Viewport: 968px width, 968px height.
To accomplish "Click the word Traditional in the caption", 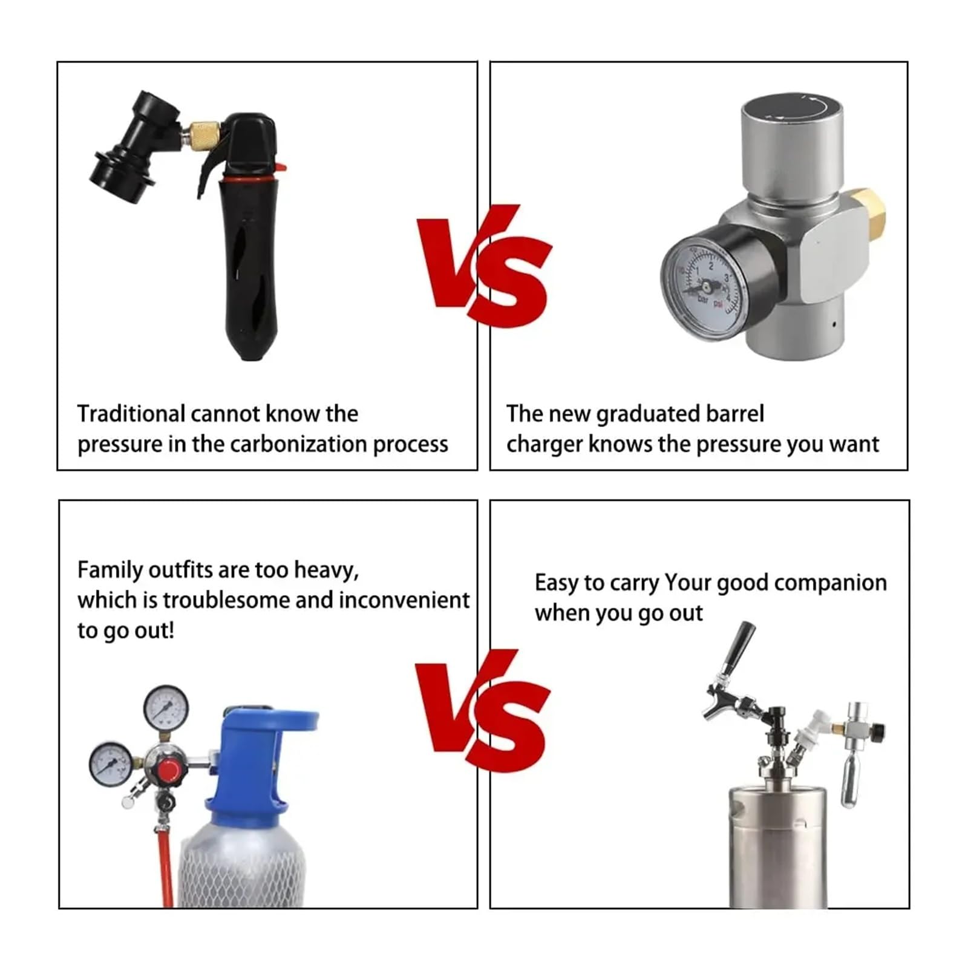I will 131,414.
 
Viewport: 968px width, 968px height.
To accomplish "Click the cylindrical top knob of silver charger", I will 793,139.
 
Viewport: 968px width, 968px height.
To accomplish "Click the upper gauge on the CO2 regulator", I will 166,708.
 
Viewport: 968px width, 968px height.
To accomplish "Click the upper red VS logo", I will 484,266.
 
